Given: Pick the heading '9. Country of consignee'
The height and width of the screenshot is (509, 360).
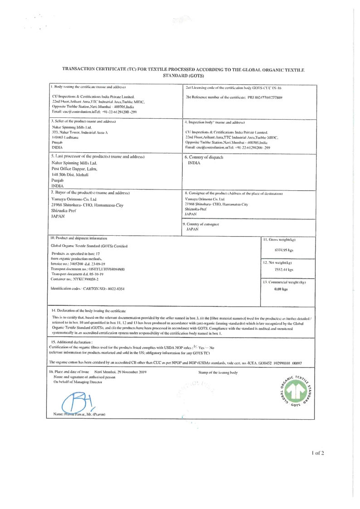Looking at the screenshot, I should coord(200,224).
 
